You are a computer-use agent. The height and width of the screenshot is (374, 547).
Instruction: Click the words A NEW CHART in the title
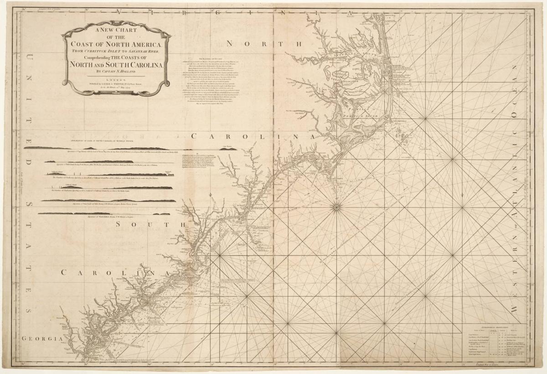[116, 31]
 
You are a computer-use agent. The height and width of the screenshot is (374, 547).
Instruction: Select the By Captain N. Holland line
[116, 71]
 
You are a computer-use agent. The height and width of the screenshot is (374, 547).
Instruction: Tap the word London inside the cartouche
[116, 79]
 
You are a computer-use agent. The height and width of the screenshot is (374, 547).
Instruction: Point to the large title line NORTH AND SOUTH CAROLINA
[116, 64]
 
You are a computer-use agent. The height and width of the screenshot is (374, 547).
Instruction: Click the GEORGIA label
[41, 339]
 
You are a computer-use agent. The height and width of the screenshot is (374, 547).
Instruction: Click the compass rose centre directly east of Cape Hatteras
[425, 119]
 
